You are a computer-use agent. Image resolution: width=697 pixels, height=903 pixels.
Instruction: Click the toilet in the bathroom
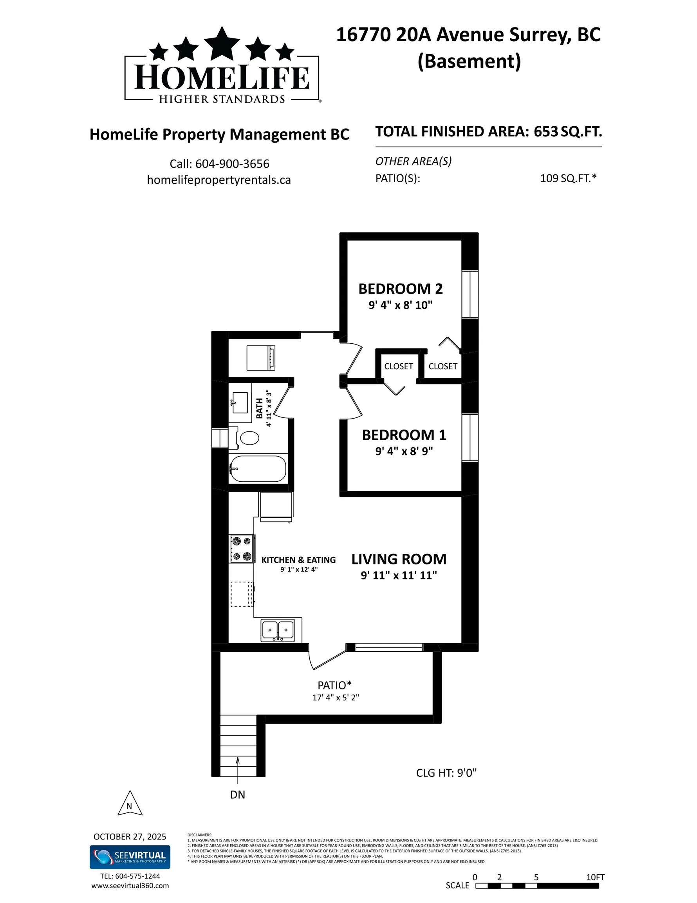(x=249, y=438)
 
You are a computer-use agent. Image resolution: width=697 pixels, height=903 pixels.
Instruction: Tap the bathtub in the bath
(x=258, y=468)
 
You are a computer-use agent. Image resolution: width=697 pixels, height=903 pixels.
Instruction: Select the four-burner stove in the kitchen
(x=242, y=549)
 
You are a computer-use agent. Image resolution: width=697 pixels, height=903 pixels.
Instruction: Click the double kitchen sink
(x=278, y=630)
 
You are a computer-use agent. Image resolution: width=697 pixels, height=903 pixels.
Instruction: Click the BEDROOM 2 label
(x=400, y=288)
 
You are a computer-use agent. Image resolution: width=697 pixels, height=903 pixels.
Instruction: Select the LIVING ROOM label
(x=398, y=559)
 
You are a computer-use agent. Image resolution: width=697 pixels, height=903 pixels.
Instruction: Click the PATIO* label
(x=334, y=685)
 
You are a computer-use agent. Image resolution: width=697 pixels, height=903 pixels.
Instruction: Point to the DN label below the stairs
(x=238, y=795)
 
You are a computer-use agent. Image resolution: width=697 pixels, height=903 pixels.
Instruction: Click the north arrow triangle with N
(x=130, y=805)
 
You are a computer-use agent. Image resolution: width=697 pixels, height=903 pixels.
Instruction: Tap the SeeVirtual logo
(x=130, y=857)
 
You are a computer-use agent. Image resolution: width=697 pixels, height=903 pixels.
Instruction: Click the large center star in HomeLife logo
(x=222, y=43)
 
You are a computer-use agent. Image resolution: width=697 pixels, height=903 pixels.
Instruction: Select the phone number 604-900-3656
(x=232, y=164)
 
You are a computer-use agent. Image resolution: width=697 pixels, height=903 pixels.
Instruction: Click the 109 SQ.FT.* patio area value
(x=568, y=178)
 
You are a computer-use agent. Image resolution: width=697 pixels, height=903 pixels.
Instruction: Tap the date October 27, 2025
(x=130, y=836)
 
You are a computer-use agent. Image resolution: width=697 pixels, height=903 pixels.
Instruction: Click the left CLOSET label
(x=398, y=366)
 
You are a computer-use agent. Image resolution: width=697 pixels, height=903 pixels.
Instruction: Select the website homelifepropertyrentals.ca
(x=218, y=180)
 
